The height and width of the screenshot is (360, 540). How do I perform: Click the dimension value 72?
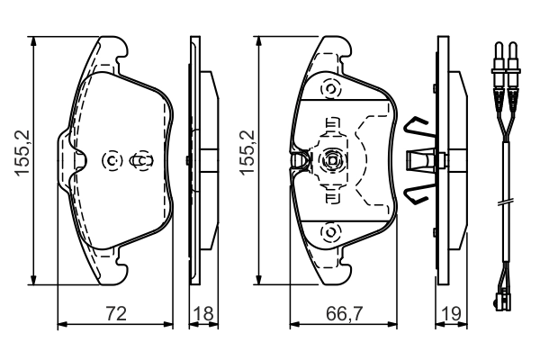(x=116, y=313)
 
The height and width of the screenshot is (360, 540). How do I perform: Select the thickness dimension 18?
(x=203, y=313)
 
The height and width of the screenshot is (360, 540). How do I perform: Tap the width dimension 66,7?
(x=344, y=313)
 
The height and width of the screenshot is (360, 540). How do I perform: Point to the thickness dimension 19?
(x=451, y=313)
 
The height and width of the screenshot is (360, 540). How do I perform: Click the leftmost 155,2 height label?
(x=22, y=153)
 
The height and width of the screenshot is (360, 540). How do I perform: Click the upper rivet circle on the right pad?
(x=330, y=89)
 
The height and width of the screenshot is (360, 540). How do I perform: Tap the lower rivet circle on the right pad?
(x=330, y=231)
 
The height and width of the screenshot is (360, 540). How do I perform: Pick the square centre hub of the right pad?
(x=332, y=160)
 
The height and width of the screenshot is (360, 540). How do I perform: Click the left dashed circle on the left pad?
(x=112, y=160)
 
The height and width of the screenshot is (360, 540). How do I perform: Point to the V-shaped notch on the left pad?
(x=80, y=160)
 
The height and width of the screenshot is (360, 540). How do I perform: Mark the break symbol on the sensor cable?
(x=506, y=202)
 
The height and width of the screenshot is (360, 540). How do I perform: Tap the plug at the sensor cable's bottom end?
(x=503, y=299)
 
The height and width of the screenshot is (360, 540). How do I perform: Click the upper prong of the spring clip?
(x=415, y=126)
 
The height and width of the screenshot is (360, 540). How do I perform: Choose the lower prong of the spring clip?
(x=415, y=194)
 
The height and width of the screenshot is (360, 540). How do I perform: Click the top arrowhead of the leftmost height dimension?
(x=33, y=40)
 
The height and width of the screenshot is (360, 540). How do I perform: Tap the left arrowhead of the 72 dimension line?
(x=62, y=324)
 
